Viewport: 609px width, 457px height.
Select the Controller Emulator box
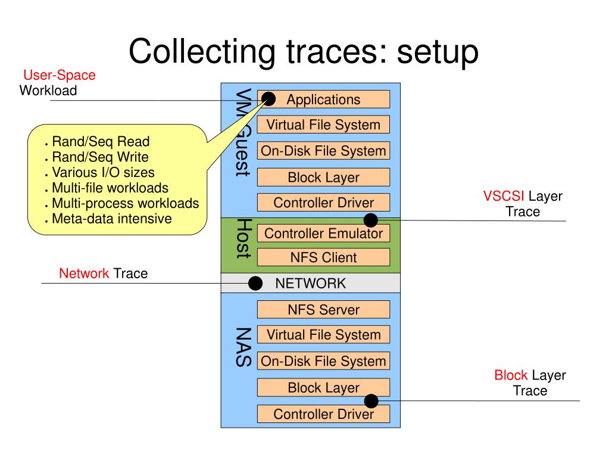[x=323, y=234]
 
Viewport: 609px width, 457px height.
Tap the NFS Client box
[x=323, y=258]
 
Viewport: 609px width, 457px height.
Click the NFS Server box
[x=323, y=310]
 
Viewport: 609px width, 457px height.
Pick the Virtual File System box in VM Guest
[x=323, y=125]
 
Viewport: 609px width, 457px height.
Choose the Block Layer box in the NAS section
[x=323, y=388]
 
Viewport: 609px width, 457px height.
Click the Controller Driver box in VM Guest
[x=323, y=203]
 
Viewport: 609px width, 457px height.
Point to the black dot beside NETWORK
[x=255, y=284]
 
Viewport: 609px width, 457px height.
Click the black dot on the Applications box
[x=268, y=99]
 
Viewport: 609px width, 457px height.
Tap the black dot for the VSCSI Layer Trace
[x=371, y=220]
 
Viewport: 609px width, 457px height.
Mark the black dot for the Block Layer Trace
[x=371, y=400]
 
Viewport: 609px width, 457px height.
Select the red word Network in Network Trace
[x=84, y=274]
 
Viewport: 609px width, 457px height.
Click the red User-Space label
[x=60, y=76]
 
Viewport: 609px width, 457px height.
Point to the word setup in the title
[x=438, y=52]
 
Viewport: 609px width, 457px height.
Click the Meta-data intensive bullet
[x=111, y=219]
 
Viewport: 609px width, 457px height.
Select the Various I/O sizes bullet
[x=103, y=173]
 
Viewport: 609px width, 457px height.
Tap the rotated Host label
[x=242, y=238]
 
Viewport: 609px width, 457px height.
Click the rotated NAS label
[x=242, y=347]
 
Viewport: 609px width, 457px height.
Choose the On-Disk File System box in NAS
[x=323, y=361]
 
